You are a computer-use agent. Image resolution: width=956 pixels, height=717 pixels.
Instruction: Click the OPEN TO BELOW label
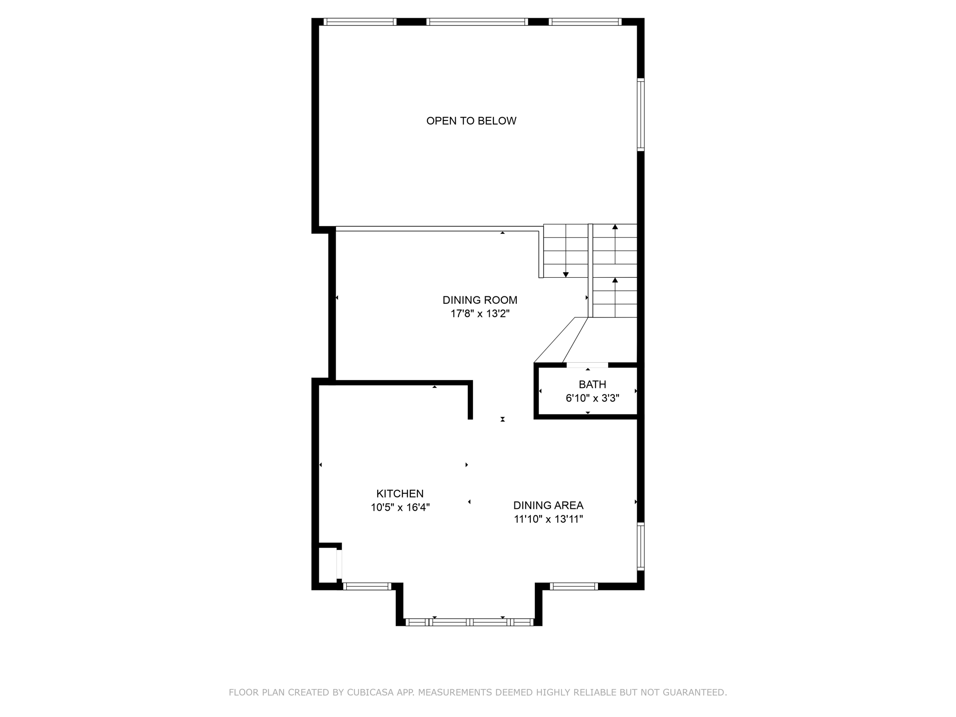click(471, 121)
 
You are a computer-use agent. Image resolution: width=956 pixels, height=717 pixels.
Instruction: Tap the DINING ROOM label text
click(480, 300)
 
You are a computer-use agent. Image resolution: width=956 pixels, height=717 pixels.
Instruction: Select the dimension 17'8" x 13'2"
click(480, 314)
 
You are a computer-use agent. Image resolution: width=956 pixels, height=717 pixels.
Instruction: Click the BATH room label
click(592, 385)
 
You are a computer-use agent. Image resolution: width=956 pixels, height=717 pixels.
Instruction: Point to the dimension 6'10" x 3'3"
click(592, 398)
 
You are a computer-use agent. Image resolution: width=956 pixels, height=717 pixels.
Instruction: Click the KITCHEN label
click(400, 493)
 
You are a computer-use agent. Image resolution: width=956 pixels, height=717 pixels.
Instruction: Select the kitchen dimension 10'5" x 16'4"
click(400, 507)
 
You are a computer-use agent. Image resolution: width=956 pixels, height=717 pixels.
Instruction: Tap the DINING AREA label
click(548, 505)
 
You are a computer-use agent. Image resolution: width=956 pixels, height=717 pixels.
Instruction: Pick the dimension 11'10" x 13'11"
click(548, 519)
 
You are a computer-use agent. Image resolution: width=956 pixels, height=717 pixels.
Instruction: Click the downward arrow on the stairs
click(566, 274)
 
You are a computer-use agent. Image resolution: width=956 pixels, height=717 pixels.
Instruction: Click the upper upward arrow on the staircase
click(615, 228)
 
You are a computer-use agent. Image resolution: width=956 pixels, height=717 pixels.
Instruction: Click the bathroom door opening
click(587, 365)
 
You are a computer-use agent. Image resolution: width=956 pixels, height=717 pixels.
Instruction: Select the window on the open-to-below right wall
click(641, 115)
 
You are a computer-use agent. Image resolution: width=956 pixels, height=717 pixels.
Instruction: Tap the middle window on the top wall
click(477, 21)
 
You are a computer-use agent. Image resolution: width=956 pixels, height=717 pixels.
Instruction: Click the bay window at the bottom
click(469, 622)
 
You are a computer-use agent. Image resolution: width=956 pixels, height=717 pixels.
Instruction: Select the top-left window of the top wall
click(360, 21)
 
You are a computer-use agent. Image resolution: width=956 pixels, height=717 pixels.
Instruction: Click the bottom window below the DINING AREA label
click(574, 587)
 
